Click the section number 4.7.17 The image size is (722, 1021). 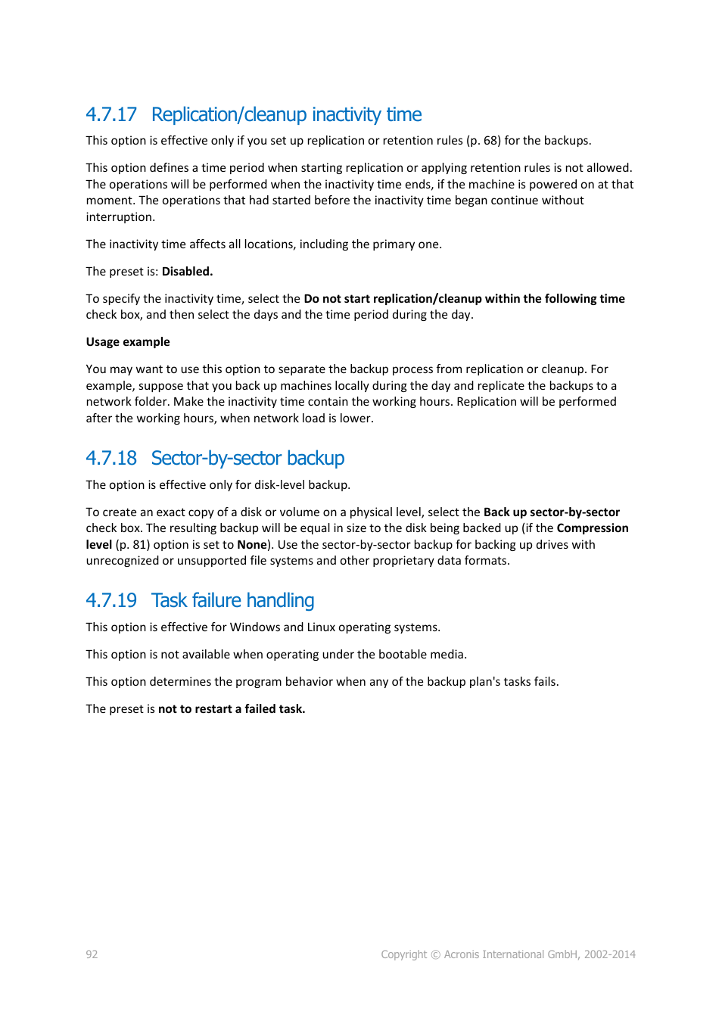point(111,114)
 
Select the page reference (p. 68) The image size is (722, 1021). point(483,141)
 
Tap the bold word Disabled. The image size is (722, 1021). point(187,272)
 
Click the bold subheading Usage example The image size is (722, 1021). point(128,342)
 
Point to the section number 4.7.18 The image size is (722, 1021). point(111,458)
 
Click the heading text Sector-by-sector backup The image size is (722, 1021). point(247,458)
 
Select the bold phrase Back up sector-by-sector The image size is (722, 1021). point(551,512)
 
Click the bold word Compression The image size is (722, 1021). point(592,528)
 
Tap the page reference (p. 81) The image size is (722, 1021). point(132,545)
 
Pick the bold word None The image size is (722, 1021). point(251,545)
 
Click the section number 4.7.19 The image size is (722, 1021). point(111,600)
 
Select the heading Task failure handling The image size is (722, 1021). point(232,600)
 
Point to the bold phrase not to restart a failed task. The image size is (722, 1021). point(231,709)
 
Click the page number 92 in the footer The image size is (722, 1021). point(92,954)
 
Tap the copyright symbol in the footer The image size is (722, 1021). point(435,955)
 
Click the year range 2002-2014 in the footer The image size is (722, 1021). point(609,954)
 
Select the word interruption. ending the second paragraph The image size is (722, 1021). point(120,217)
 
